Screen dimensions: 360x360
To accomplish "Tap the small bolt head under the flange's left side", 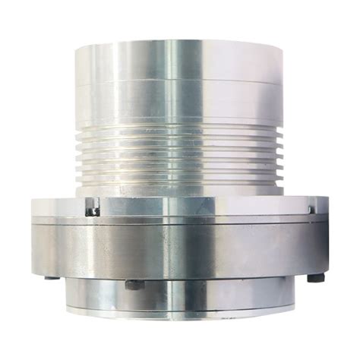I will [x=51, y=276].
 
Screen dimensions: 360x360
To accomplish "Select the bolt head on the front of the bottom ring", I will [x=134, y=286].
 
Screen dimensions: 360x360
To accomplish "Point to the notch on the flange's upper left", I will [x=92, y=207].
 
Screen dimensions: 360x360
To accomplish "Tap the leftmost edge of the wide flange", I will [x=33, y=235].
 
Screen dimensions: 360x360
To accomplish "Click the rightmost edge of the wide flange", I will [x=327, y=235].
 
